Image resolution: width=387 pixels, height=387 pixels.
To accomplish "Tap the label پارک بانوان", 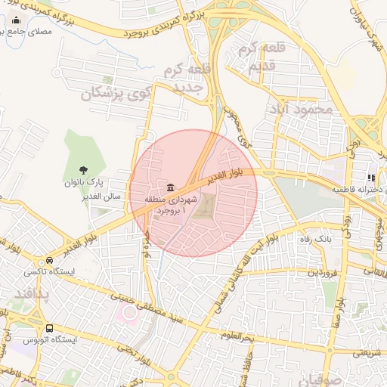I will click(x=84, y=184).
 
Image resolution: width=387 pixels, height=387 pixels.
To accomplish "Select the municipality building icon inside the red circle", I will click(x=169, y=187).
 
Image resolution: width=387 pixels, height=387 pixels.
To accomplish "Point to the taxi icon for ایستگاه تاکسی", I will click(x=49, y=259).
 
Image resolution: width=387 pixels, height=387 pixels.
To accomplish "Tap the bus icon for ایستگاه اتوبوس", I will click(x=49, y=328).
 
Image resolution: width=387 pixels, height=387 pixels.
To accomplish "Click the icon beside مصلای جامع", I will click(x=16, y=20).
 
